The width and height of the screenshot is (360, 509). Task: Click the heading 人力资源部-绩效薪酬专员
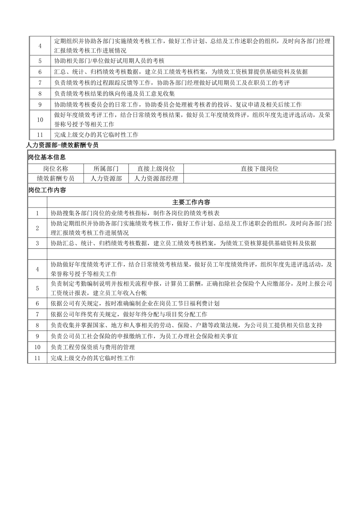pos(63,145)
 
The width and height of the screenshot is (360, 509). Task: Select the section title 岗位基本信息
pos(47,157)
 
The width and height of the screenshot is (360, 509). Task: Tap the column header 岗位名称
pos(55,169)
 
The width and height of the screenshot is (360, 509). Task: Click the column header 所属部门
pos(106,169)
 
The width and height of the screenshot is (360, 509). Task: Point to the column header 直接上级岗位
pos(156,169)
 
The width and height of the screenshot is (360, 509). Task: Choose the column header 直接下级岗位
pos(259,169)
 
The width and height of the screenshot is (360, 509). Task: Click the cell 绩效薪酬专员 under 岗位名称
pos(55,178)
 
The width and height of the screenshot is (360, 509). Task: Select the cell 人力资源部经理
pos(156,178)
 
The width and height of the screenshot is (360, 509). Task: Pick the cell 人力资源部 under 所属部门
pos(106,178)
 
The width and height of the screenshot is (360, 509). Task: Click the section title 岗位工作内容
pos(47,190)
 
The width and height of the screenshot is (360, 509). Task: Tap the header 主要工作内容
pos(191,202)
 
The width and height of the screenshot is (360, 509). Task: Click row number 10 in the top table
pos(40,120)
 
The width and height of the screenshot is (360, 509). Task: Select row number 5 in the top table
pos(40,61)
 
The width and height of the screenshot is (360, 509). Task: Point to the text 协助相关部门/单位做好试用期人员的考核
pos(109,61)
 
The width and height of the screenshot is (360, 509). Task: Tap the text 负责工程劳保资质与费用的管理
pos(92,347)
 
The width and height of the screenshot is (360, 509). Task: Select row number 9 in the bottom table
pos(38,336)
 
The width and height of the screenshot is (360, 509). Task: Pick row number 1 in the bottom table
pos(38,213)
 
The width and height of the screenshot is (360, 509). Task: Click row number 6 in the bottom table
pos(38,303)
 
